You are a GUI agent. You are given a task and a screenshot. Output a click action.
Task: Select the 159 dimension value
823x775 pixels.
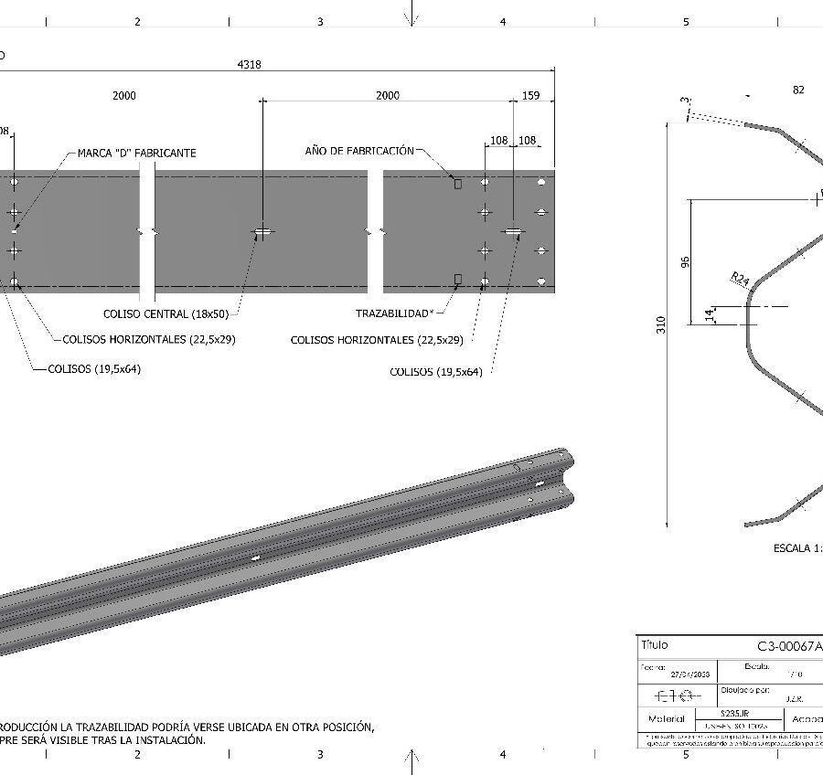pos(529,95)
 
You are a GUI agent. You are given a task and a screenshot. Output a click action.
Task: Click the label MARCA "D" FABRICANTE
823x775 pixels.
pos(136,153)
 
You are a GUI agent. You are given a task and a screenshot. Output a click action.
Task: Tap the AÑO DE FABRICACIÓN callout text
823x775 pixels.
pos(359,150)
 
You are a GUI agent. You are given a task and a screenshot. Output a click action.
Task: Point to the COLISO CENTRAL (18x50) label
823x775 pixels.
pos(166,313)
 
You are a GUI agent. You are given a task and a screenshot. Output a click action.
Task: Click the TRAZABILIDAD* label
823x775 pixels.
pos(394,313)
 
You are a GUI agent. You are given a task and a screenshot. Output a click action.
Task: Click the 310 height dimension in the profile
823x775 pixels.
pos(661,324)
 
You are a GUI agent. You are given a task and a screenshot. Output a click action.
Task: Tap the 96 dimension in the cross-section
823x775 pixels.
pos(685,261)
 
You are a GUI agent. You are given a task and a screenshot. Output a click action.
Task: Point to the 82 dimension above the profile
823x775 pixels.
pos(798,90)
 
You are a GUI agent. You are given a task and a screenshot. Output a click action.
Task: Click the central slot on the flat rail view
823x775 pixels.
pos(262,233)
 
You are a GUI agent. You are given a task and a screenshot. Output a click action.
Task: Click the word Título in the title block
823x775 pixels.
pos(655,644)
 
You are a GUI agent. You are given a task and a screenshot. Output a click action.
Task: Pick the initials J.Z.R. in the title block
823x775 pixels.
pos(795,699)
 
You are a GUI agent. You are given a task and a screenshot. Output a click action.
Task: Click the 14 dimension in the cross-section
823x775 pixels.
pos(709,314)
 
